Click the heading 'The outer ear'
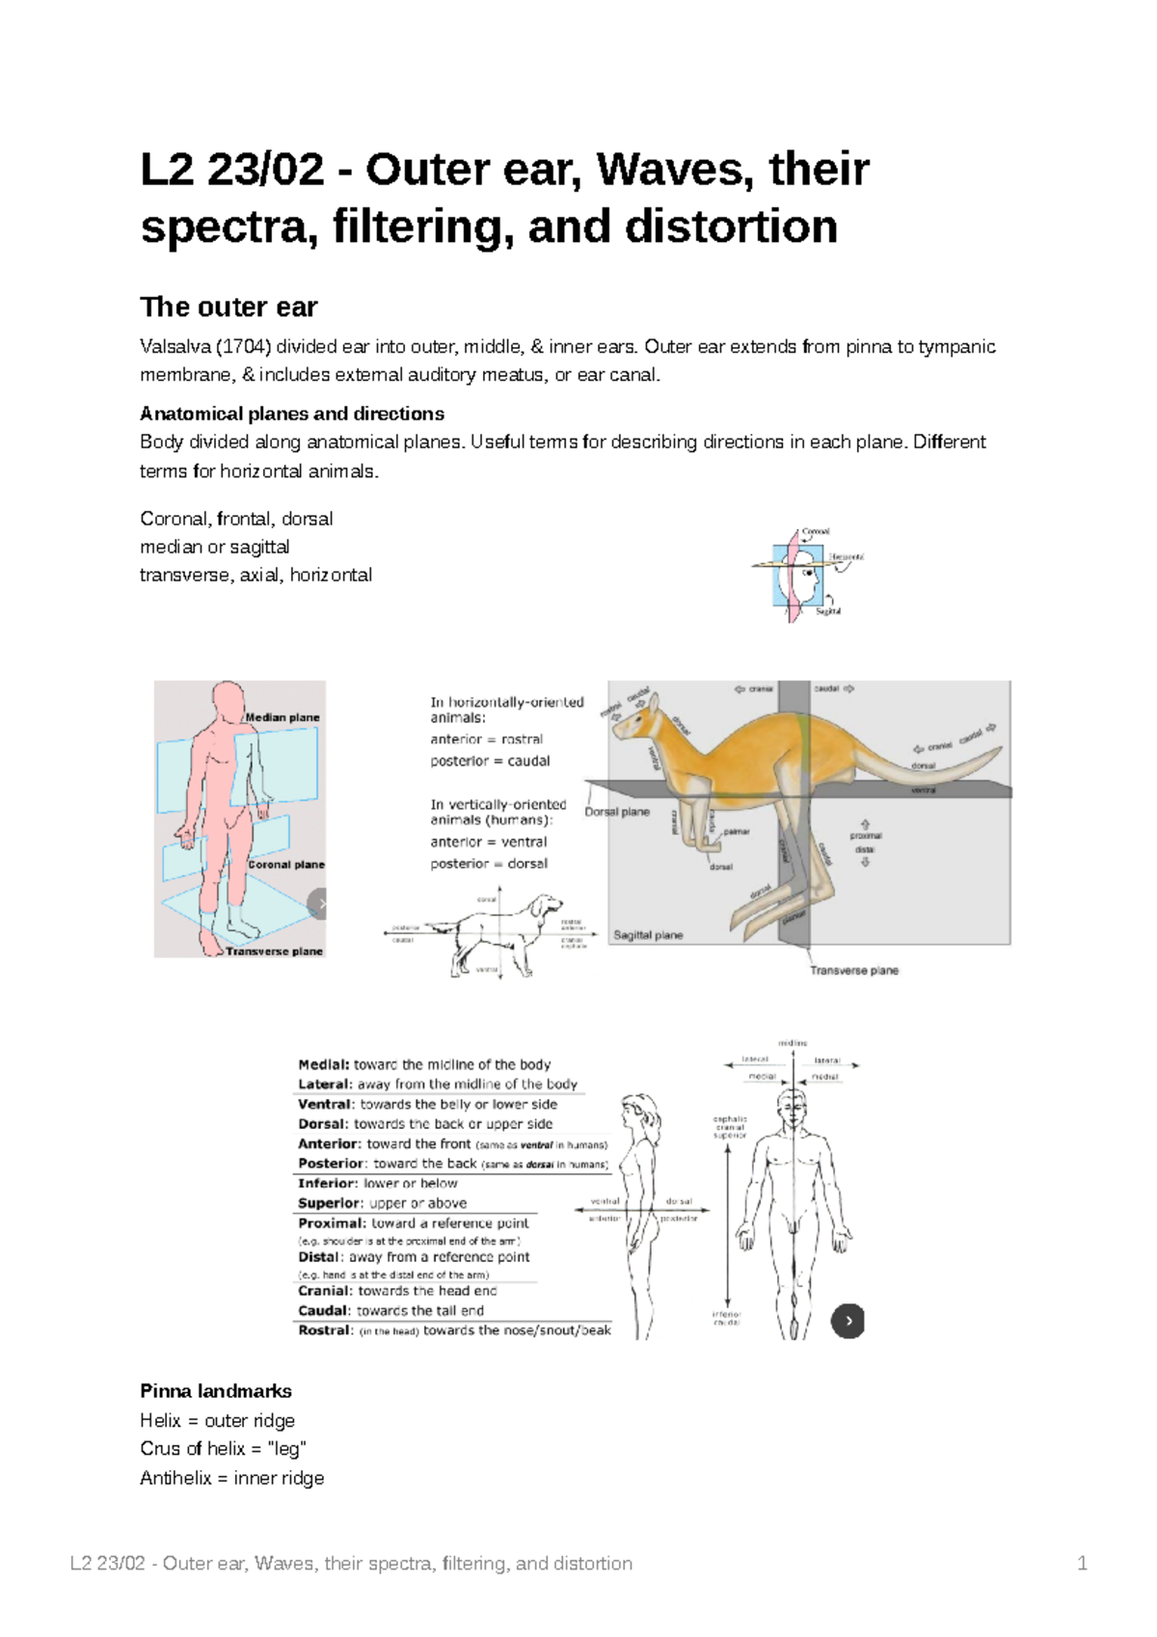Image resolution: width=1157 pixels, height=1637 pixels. pos(229,308)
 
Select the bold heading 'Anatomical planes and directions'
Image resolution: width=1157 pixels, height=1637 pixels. pos(291,414)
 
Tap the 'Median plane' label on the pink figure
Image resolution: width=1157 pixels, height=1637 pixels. pos(282,717)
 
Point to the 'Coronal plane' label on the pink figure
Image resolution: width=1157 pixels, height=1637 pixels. pos(286,865)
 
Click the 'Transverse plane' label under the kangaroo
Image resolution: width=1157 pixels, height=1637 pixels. pos(853,971)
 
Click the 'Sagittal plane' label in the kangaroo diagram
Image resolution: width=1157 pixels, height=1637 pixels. pos(648,935)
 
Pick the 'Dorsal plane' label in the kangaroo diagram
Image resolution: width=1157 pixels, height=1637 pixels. pos(617,812)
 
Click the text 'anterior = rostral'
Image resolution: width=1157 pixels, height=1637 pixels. pos(486,739)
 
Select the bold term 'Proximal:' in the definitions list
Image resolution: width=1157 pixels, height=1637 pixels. pos(332,1223)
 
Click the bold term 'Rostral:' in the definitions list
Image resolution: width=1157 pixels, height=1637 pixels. pos(326,1330)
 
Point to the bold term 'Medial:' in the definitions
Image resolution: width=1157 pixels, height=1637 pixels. pos(324,1065)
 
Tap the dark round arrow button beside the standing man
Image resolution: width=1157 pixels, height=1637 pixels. pos(848,1321)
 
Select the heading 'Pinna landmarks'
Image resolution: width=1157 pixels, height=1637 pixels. pos(216,1391)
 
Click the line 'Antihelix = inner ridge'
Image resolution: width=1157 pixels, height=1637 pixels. pos(231,1478)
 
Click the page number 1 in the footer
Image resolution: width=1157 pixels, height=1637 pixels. pos(1082,1564)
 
